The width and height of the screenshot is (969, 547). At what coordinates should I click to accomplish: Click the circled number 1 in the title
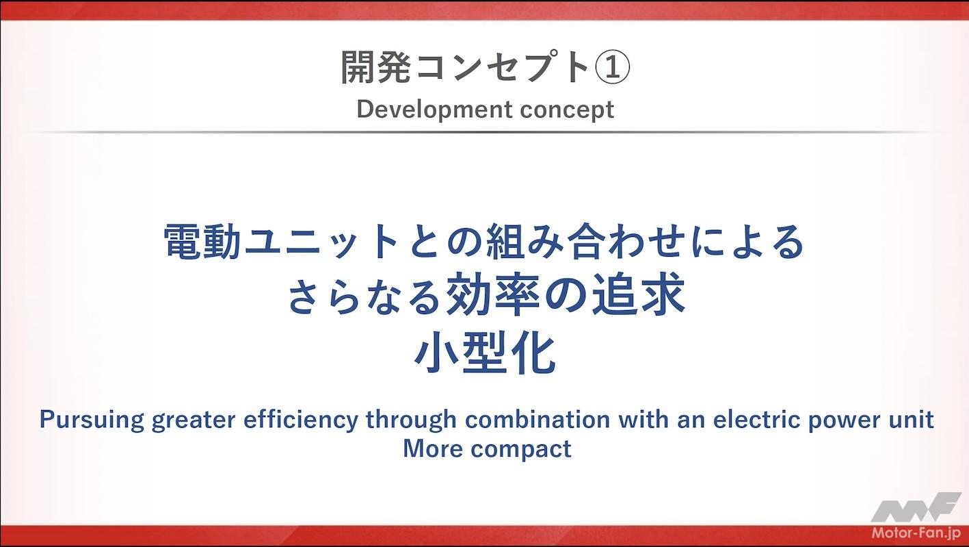613,67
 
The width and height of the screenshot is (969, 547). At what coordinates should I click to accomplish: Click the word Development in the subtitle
435,110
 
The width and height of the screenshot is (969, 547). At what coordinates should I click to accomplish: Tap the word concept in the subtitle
567,110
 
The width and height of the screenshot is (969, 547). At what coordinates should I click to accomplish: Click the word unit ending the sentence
910,420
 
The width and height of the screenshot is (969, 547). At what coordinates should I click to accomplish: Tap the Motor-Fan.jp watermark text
916,533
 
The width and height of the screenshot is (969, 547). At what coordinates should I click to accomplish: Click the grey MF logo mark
916,507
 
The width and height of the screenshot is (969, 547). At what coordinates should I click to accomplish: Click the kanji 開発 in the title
375,67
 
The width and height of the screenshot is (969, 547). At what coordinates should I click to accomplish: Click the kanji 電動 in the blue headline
202,241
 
